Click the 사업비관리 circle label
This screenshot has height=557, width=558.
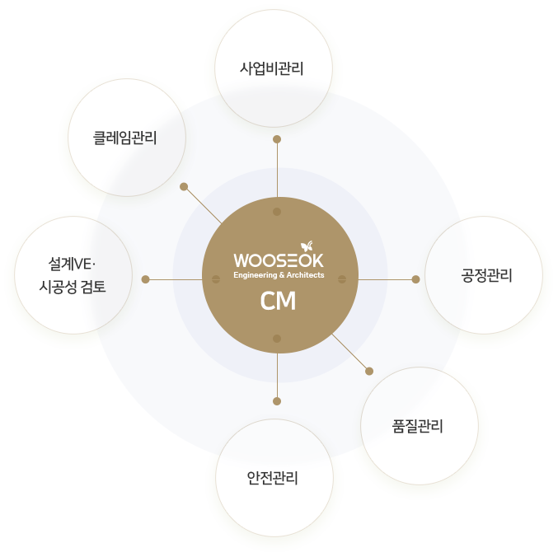coord(272,68)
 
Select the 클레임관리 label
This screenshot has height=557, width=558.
coord(125,138)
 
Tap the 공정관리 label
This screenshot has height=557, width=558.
coord(486,275)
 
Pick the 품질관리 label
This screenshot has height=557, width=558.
coord(419,426)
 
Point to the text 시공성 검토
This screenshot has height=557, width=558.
coord(73,287)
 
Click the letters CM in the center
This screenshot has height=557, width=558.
coord(278,302)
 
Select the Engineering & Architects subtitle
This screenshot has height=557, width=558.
coord(279,275)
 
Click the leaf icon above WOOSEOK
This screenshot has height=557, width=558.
coord(307,246)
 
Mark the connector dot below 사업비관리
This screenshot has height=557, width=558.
coord(277,138)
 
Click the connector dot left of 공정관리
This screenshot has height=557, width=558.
coord(415,279)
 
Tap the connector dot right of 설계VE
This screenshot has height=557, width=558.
coord(145,279)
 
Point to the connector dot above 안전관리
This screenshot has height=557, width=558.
coord(277,401)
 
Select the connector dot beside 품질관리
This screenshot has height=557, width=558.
coord(369,371)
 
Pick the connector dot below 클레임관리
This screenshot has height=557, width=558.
coord(184,186)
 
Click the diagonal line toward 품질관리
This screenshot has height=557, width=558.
coord(350,353)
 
